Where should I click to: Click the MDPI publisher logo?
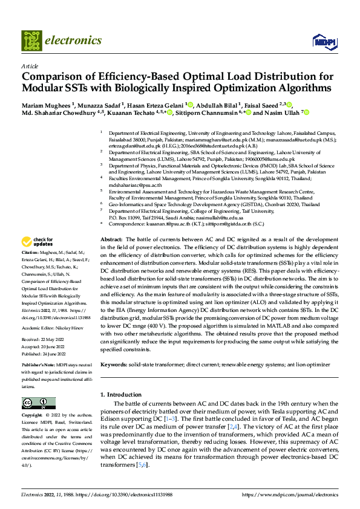point(323,41)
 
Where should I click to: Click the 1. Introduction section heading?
point(120,395)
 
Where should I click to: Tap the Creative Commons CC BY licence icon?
point(39,403)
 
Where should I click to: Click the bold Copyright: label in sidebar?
point(32,416)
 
